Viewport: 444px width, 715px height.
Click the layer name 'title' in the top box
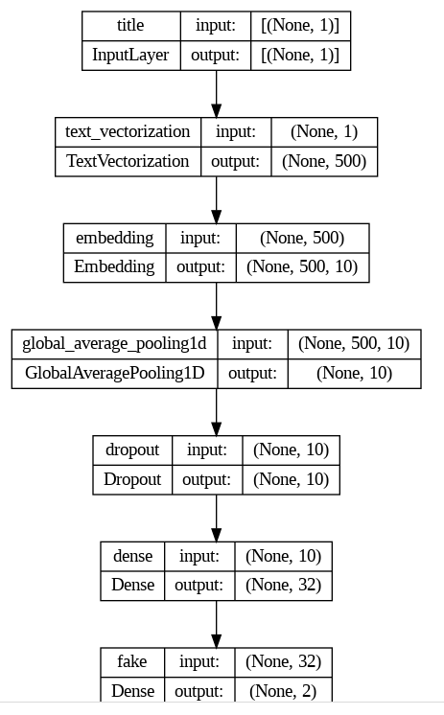click(130, 25)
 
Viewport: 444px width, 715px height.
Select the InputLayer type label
click(130, 55)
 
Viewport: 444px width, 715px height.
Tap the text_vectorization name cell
click(128, 131)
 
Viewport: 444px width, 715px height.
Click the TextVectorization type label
click(128, 161)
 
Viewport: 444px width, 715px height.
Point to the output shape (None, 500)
click(323, 161)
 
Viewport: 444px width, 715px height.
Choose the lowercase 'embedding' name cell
click(114, 237)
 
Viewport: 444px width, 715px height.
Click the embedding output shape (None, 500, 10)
click(301, 266)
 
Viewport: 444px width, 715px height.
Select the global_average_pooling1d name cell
click(114, 343)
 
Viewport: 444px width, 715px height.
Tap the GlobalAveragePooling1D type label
click(114, 373)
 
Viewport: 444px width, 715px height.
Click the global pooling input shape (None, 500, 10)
click(354, 343)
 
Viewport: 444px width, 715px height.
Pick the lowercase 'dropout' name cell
click(132, 449)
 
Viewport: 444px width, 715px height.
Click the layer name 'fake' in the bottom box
click(132, 661)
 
